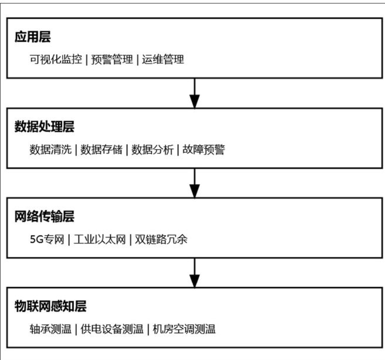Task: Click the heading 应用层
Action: (33, 37)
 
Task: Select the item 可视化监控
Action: (56, 59)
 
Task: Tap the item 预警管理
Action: (113, 59)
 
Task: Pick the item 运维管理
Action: (163, 59)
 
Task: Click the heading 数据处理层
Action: (45, 127)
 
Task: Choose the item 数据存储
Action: (101, 149)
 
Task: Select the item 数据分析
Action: (152, 149)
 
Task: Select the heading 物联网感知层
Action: (50, 306)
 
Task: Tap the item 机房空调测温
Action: (184, 328)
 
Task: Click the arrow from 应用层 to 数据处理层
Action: (195, 93)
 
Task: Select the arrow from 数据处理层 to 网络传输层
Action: (195, 183)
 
